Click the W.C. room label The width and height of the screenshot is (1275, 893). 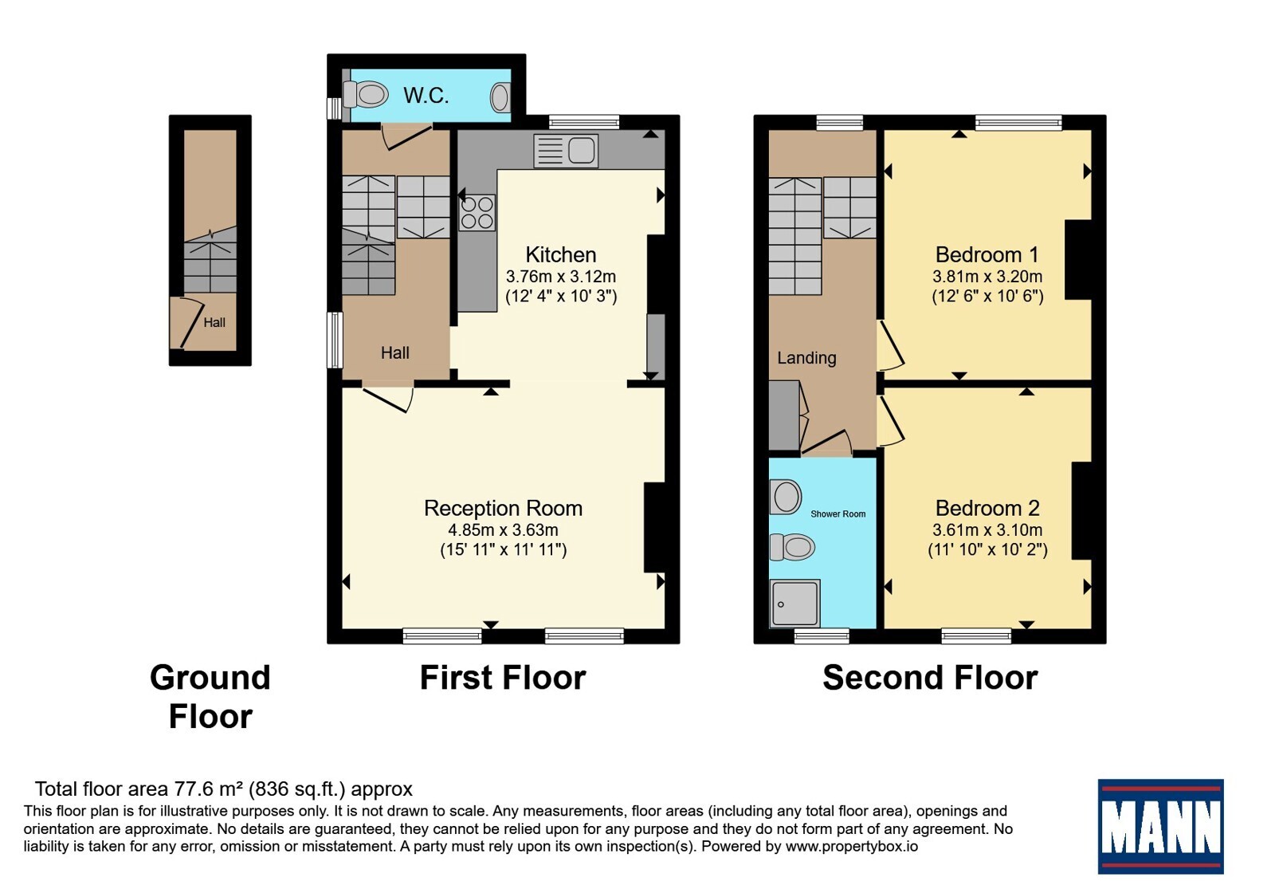(x=426, y=95)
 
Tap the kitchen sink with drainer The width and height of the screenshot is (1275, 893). (x=566, y=151)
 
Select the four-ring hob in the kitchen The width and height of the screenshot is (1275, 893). (x=477, y=212)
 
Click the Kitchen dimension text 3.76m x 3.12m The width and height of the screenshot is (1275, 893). (x=561, y=277)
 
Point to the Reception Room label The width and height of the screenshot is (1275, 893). (x=503, y=508)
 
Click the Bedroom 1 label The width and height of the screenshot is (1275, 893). (x=987, y=254)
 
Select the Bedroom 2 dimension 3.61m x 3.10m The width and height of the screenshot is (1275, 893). (x=987, y=530)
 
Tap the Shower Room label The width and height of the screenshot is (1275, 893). (x=838, y=513)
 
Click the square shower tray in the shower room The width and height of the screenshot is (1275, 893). (x=795, y=603)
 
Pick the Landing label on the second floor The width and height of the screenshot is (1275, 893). (x=806, y=358)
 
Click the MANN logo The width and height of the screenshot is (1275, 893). (x=1160, y=826)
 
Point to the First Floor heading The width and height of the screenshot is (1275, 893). (x=503, y=678)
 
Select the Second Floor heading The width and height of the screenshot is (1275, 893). (x=930, y=678)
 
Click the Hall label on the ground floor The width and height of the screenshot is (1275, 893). (x=214, y=322)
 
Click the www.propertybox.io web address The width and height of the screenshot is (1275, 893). (x=852, y=846)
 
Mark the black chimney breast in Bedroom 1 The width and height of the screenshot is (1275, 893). (x=1078, y=260)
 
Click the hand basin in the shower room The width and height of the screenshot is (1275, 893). (x=786, y=496)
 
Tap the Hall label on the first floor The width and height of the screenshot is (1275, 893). (x=395, y=352)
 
